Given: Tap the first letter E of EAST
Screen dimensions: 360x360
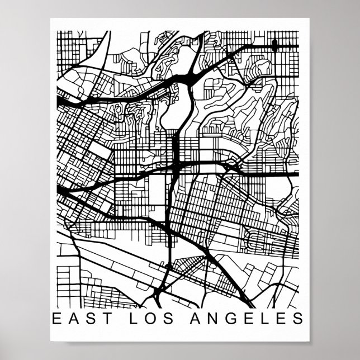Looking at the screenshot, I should tap(56, 319).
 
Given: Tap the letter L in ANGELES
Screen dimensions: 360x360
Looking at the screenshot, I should tap(264, 319).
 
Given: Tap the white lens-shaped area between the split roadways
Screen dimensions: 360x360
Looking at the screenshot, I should tap(172, 112).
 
